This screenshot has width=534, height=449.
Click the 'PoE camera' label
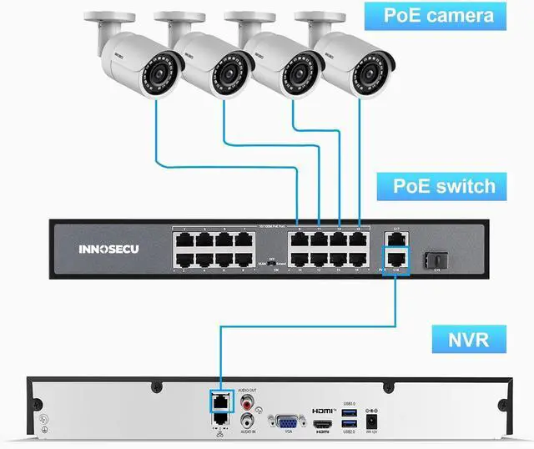(438, 15)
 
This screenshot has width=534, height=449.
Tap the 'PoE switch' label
(445, 184)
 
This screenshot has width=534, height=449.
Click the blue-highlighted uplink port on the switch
(398, 256)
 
